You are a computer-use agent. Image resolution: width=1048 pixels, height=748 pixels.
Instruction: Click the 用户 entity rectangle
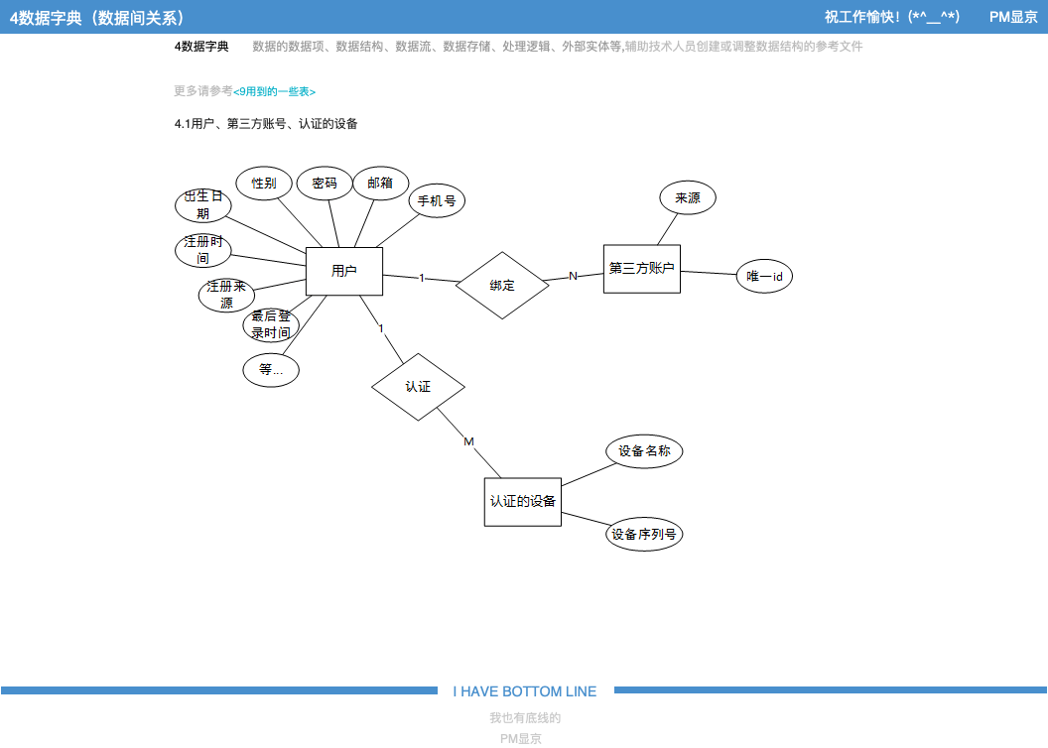(x=344, y=271)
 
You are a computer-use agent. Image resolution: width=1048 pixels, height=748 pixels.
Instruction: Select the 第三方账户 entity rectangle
(x=641, y=269)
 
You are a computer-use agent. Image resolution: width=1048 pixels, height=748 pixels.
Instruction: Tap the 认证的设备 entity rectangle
(x=522, y=501)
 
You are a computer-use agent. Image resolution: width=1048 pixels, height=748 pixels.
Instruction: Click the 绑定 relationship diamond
(x=502, y=286)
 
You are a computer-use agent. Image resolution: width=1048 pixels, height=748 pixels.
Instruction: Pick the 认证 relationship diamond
(x=418, y=387)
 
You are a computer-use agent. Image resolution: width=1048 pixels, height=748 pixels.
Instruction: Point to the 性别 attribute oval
(x=263, y=184)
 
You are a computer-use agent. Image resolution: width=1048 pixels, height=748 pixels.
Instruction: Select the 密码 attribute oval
(x=325, y=184)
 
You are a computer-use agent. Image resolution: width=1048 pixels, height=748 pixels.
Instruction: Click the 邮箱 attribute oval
(x=380, y=184)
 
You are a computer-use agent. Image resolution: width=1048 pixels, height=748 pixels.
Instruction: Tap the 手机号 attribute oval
(x=437, y=200)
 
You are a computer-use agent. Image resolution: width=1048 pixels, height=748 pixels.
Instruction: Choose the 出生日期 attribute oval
(x=203, y=205)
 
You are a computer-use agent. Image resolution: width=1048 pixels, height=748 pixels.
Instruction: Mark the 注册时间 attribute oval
(x=203, y=250)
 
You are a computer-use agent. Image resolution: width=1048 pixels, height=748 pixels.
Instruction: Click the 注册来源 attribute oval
(x=226, y=295)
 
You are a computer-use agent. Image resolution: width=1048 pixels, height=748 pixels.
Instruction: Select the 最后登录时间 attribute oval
(x=271, y=324)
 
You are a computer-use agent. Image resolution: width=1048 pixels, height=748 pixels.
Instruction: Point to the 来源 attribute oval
(x=688, y=198)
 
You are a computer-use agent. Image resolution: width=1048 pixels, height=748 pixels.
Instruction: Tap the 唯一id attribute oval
(x=764, y=277)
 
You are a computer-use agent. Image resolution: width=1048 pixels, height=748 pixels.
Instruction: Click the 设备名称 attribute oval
(x=644, y=451)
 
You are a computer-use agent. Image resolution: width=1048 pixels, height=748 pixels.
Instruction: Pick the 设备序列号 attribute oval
(x=644, y=535)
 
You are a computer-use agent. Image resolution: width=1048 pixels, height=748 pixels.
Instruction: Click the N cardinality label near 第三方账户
(x=573, y=276)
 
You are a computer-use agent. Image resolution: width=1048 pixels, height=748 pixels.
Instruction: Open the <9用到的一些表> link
(x=274, y=91)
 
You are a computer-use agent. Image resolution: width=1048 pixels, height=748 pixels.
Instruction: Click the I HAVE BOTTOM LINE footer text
(x=525, y=691)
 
